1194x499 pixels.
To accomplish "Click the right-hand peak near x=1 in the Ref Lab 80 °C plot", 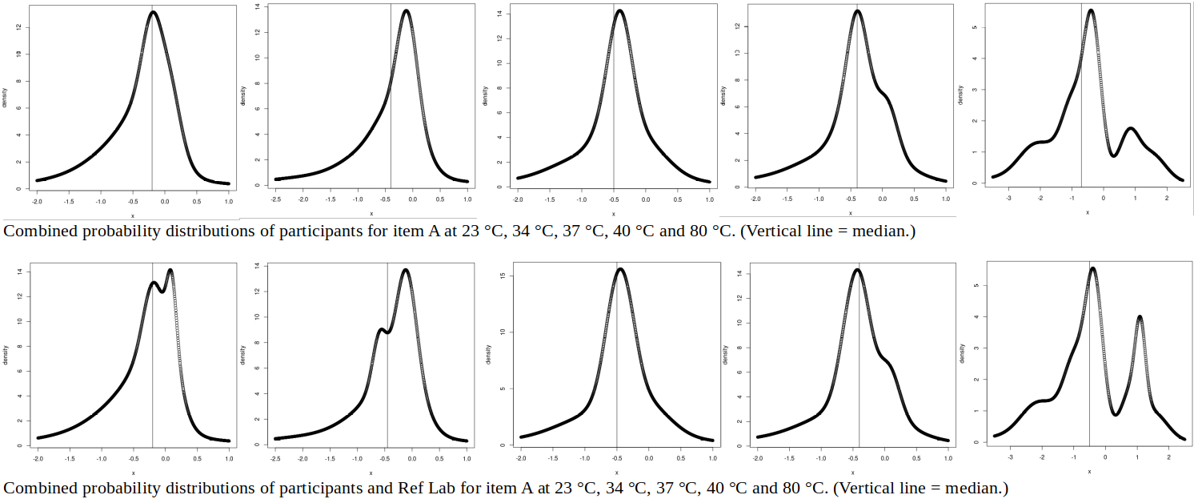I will click(x=1140, y=317).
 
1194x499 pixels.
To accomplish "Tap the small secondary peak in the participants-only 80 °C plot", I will click(x=1130, y=128).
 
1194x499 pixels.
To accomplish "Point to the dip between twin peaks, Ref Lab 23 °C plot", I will click(x=162, y=292).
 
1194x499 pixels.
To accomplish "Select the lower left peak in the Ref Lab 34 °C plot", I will click(x=382, y=329).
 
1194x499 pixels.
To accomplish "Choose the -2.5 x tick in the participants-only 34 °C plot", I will click(x=275, y=197).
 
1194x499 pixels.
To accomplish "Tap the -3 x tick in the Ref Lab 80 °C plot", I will click(x=1011, y=458).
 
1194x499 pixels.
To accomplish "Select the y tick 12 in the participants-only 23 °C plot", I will click(x=18, y=27).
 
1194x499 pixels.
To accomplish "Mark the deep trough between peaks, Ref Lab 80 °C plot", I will click(x=1116, y=413).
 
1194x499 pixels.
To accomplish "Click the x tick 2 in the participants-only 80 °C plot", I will click(x=1166, y=197).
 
